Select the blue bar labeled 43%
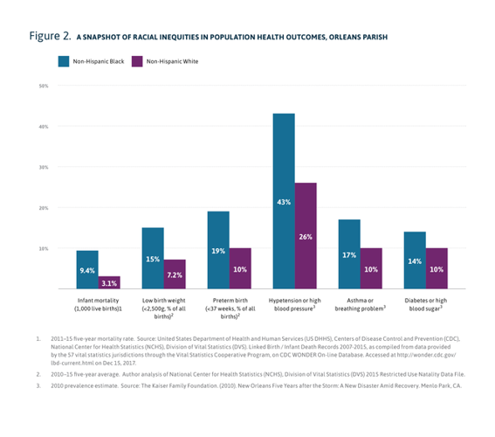tap(283, 201)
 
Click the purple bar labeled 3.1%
tap(109, 282)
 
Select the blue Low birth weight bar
tap(153, 258)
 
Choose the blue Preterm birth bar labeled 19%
tap(218, 250)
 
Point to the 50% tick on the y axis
tap(43, 86)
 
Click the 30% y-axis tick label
tap(43, 167)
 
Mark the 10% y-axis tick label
tap(43, 248)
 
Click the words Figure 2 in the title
tap(48, 37)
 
